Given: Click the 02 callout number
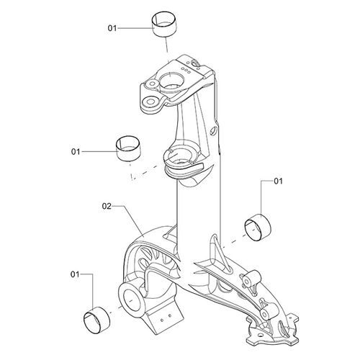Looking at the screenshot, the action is tap(107, 206).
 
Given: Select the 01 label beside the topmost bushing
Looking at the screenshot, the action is tap(112, 28).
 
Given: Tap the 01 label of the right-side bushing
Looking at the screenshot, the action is tap(279, 181).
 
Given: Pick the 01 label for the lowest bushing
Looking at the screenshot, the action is tap(75, 274).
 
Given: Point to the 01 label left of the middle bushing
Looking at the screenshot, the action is tap(76, 152).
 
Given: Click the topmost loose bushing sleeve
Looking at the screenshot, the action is tap(165, 24).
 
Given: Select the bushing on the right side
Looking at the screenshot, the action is tap(258, 227).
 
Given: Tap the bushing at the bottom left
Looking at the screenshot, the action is tap(96, 320).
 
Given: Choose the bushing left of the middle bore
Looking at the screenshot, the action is tap(128, 148).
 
